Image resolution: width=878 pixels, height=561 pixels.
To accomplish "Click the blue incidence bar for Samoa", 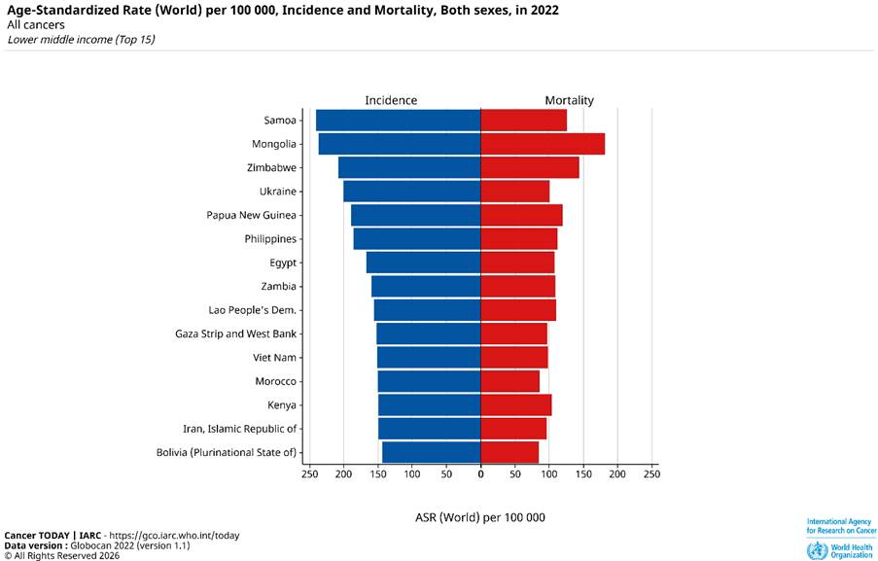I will (398, 121).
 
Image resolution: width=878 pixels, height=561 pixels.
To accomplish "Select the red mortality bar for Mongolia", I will (543, 144).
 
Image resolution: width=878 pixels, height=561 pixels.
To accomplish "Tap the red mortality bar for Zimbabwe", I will (530, 167).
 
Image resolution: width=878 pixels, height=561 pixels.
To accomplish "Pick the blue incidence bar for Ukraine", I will (411, 192).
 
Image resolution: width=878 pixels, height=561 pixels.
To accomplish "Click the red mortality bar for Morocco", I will (509, 381).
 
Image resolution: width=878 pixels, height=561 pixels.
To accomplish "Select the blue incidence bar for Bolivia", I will (431, 452).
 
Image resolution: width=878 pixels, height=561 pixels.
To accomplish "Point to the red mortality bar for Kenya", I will (516, 404).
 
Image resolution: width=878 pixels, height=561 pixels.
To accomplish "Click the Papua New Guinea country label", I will (252, 215).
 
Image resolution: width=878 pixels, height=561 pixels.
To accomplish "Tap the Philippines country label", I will (270, 239).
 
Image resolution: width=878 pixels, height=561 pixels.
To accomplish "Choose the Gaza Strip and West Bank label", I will (236, 333).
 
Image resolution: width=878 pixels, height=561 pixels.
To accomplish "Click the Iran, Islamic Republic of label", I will (240, 429).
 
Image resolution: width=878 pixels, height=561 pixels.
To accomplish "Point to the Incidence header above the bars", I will (391, 100).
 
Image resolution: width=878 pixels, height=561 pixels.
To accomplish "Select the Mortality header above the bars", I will (569, 100).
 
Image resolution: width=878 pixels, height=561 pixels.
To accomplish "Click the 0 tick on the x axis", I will (480, 474).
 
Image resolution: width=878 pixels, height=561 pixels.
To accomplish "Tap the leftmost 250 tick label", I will (309, 474).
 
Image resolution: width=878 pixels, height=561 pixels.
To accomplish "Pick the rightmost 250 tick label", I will (651, 474).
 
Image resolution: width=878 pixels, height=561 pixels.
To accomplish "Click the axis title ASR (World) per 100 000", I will (479, 517).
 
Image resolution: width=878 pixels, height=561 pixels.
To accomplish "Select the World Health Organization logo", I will (841, 550).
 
